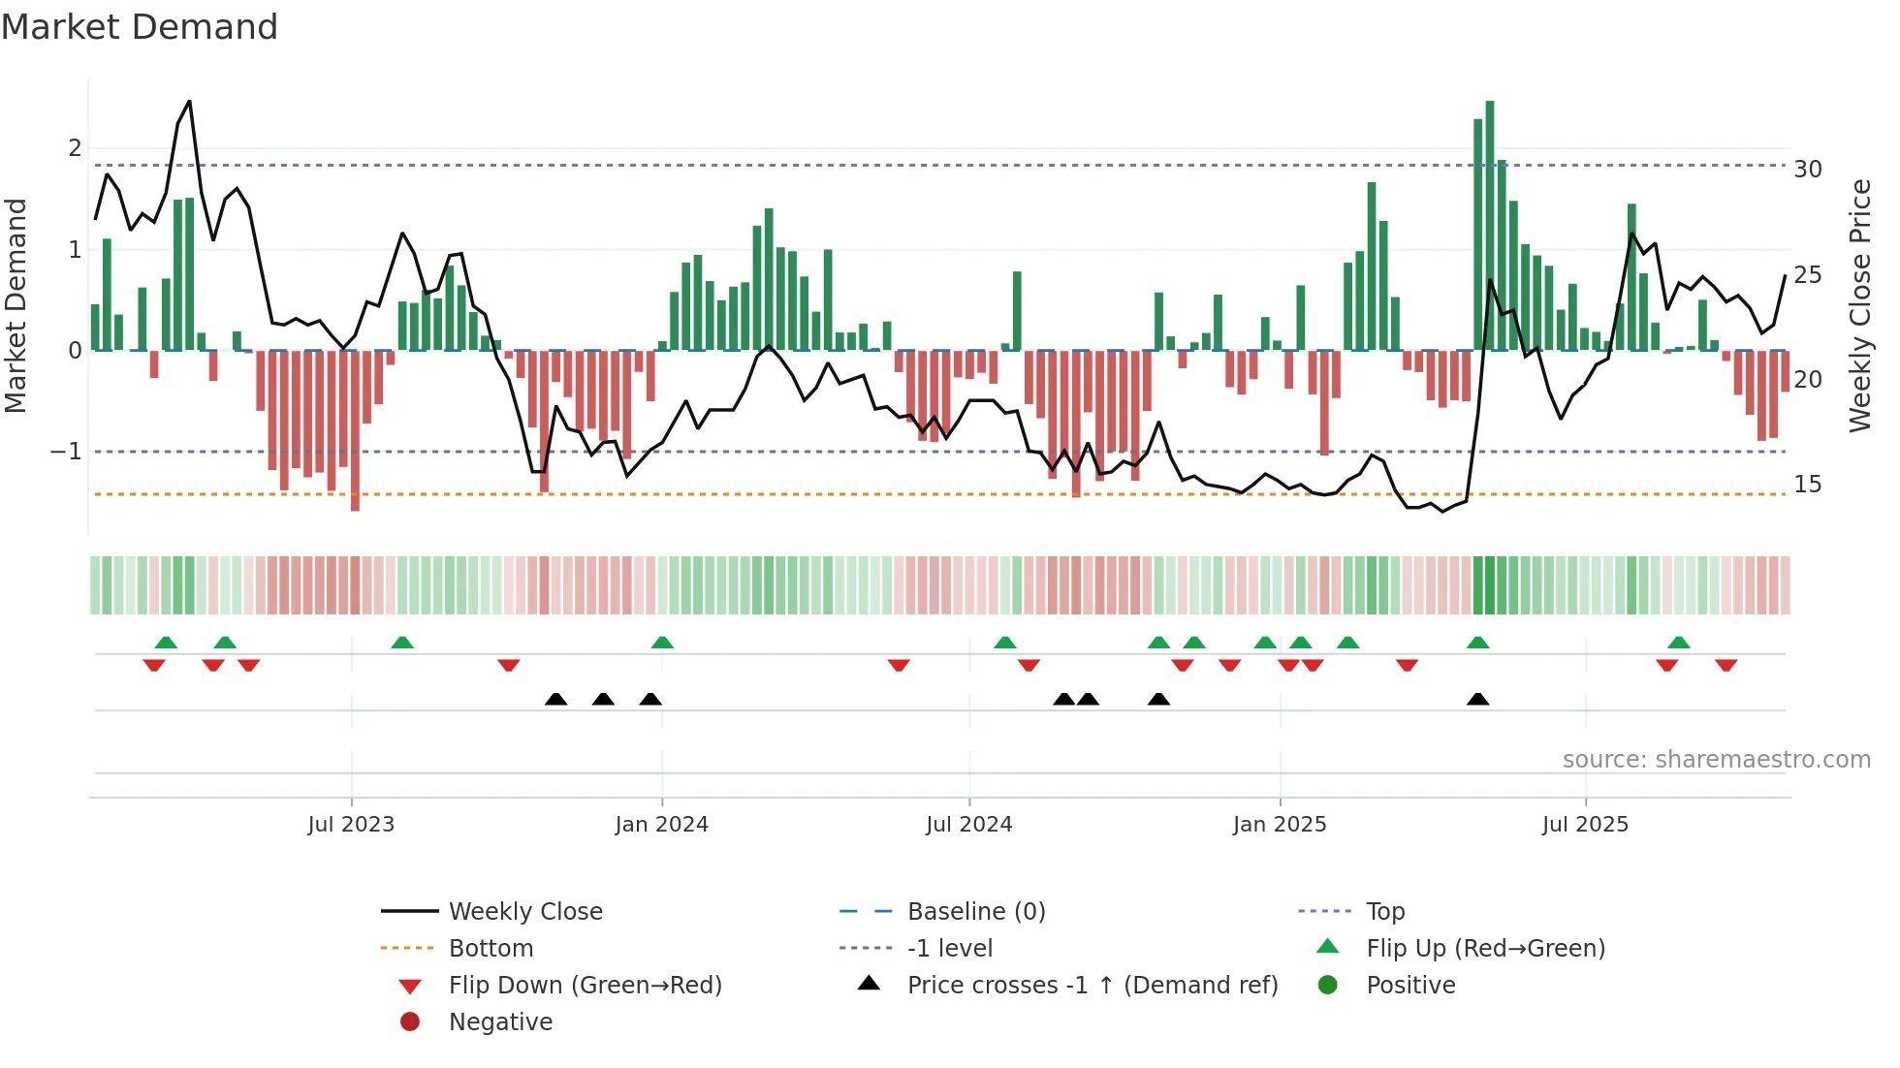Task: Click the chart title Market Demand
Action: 140,27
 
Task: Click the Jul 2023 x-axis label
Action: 351,825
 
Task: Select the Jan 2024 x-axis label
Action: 662,825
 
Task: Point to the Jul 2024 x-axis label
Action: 968,825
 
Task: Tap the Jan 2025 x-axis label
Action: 1280,825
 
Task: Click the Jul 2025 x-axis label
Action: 1585,825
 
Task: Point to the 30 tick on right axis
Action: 1807,170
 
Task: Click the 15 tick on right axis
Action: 1807,485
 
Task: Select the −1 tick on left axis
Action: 66,452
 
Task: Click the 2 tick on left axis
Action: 75,148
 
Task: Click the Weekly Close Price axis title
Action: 1859,305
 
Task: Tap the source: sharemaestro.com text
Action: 1716,760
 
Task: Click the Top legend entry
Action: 1385,912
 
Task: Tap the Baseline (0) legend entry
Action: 975,912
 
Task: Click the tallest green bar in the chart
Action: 1490,225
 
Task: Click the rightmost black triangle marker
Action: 1477,699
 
